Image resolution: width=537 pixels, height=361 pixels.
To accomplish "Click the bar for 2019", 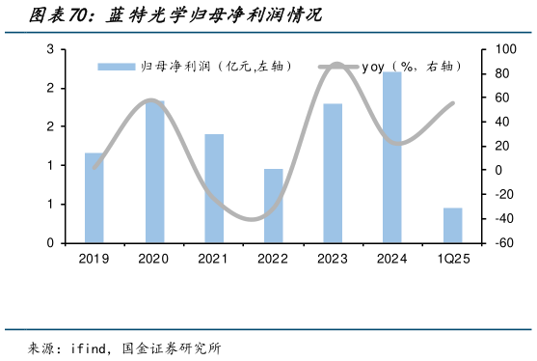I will (94, 198).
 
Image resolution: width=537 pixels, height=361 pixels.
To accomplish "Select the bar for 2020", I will (154, 172).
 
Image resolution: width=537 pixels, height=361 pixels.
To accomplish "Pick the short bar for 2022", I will (274, 206).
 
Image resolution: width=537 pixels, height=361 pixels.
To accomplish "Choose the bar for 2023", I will (333, 173).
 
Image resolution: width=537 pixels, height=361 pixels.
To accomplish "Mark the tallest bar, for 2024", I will (392, 157).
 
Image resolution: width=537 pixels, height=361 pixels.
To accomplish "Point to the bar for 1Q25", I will (452, 225).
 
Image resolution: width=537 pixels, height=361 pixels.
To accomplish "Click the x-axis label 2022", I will (274, 259).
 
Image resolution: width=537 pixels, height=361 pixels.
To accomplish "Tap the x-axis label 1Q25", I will (453, 259).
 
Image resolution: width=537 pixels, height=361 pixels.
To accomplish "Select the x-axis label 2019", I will (94, 259).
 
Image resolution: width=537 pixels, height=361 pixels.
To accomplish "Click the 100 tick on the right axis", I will (502, 49).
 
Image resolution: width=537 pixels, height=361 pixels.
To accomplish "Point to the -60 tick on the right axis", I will (502, 243).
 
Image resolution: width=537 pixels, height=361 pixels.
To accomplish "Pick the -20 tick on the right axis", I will (502, 195).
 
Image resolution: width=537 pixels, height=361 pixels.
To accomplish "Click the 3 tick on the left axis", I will (49, 49).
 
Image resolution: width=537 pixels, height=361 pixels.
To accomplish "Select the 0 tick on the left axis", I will (49, 243).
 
